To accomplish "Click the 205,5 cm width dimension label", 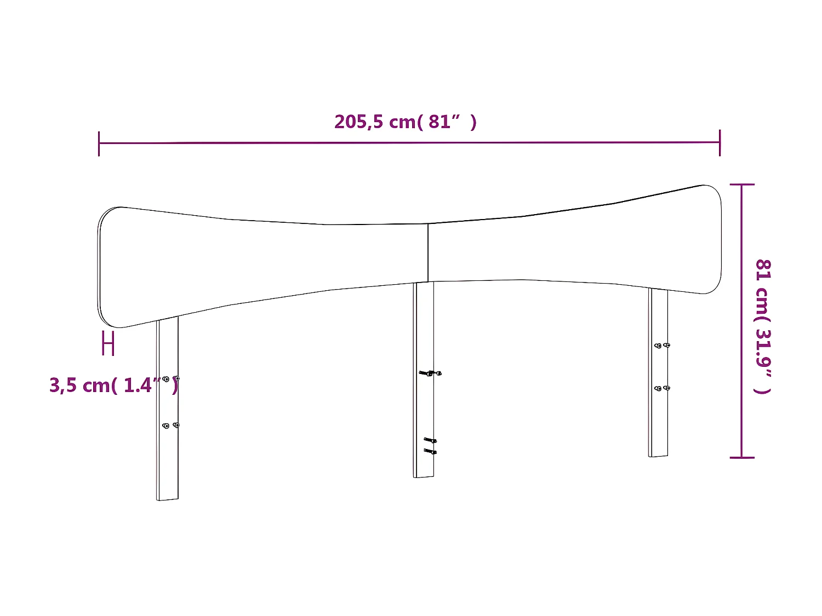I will tap(405, 122).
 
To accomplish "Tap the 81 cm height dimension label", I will tap(763, 326).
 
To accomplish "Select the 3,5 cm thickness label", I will tap(113, 385).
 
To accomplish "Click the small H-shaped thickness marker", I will tap(109, 344).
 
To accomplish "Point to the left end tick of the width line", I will tap(99, 143).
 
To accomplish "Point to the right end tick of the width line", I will tap(720, 142).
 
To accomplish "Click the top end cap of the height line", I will tap(742, 185).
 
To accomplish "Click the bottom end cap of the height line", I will tap(742, 457).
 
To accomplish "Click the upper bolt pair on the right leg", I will tap(662, 346).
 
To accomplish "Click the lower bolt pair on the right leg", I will tap(662, 388).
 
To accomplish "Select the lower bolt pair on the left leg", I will tap(170, 425).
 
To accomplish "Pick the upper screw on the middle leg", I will tap(430, 373).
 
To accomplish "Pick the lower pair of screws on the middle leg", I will tap(430, 446).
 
